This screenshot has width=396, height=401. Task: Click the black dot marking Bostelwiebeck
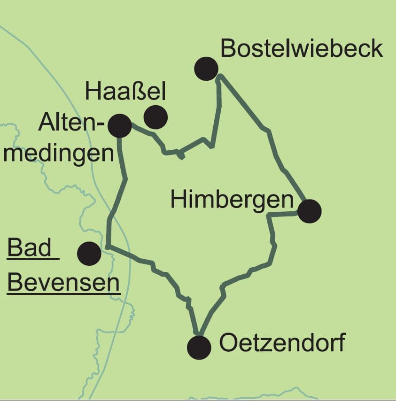point(206,69)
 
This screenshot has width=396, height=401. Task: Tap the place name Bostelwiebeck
point(301,48)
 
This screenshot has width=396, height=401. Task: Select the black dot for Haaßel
point(155,117)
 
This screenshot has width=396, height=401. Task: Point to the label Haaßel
point(126,92)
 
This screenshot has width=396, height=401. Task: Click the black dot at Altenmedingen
point(119,125)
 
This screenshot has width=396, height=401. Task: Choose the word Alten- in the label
point(70,123)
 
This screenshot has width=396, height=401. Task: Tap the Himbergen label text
point(232,200)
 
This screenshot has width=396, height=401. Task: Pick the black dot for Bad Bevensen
point(89,254)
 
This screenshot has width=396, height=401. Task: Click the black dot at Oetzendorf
point(199,347)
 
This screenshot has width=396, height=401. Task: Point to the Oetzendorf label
point(282,343)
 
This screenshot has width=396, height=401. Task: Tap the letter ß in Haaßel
point(139,92)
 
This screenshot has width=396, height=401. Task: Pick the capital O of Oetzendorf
point(228,343)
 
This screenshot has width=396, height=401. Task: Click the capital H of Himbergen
point(178,200)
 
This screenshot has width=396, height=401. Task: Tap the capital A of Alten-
point(47,123)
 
